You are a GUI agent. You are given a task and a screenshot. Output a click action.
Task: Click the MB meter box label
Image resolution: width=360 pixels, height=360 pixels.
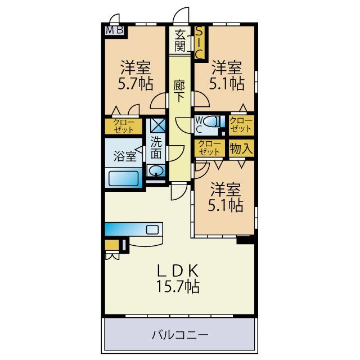point(114,30)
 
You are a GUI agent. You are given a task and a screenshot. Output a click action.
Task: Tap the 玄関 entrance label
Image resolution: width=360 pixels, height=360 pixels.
point(180,41)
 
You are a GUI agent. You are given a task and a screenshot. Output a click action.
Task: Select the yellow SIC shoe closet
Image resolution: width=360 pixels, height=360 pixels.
point(199,43)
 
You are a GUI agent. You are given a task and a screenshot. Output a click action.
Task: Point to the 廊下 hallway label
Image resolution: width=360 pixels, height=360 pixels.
point(179,91)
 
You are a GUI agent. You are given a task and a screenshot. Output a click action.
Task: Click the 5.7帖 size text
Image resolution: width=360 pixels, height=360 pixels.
point(135,84)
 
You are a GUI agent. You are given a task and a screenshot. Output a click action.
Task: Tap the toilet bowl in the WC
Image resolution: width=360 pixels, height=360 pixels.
point(212,121)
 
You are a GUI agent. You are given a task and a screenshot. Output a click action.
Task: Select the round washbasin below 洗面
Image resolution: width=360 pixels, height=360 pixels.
point(156,170)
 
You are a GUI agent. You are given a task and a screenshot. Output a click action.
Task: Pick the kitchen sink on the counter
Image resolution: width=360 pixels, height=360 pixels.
point(152,229)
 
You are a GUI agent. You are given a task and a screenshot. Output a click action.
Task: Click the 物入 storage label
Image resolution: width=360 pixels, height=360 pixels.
point(241,148)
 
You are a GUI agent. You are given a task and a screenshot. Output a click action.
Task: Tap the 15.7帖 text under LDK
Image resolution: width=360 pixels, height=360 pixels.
point(178,286)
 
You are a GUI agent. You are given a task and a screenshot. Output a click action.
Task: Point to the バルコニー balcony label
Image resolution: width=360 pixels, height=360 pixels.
point(180,335)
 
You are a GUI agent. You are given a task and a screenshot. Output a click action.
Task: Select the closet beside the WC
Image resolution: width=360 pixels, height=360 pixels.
point(241,124)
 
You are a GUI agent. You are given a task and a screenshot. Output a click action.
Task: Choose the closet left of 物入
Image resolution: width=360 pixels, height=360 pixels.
point(209,148)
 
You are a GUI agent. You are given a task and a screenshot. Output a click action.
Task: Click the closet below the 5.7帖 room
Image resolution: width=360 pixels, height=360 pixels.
point(124,126)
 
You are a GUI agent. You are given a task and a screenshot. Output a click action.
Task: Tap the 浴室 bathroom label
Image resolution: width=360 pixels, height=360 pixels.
point(125,156)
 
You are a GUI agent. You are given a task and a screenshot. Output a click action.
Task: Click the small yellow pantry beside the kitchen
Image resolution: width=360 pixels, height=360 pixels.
point(112,245)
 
